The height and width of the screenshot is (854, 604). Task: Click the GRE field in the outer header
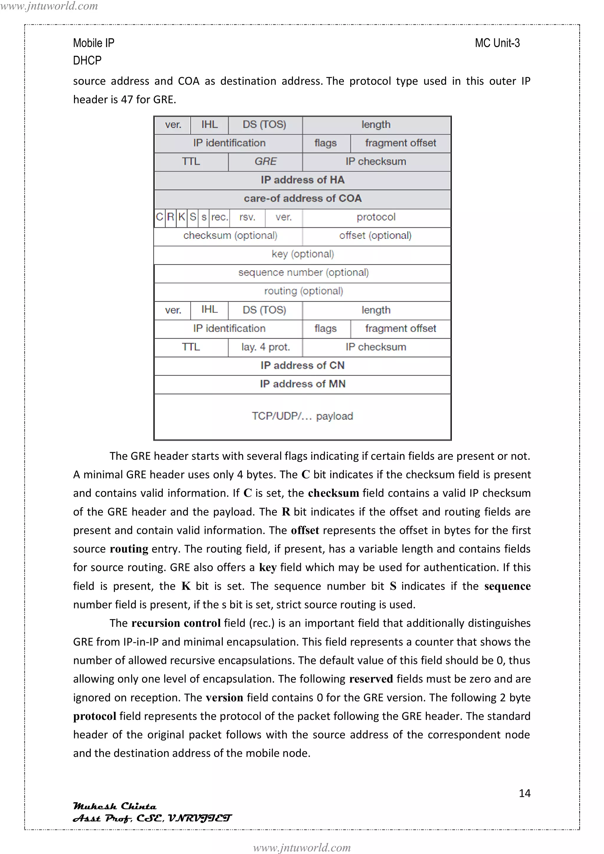pos(265,162)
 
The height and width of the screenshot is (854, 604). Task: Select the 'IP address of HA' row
pos(302,180)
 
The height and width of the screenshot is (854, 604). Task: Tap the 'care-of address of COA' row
pos(302,199)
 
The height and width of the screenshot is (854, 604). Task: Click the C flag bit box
pos(160,217)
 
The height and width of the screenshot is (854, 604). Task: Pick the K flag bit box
pos(182,217)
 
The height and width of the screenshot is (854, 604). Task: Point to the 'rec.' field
pos(219,217)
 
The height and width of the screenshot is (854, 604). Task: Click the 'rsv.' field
pos(247,217)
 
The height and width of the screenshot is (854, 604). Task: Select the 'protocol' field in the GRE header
pos(376,217)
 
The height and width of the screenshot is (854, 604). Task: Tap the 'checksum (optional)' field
pos(230,236)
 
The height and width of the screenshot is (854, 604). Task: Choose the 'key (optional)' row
pos(302,254)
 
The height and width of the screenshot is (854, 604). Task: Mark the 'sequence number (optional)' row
pos(303,273)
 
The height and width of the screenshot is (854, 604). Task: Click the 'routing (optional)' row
pos(303,291)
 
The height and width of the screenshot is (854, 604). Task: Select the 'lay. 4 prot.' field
pos(265,347)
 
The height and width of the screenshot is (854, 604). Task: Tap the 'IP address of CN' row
pos(302,366)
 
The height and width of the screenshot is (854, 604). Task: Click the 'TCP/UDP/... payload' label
pos(302,416)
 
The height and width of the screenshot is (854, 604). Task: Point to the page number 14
pos(524,793)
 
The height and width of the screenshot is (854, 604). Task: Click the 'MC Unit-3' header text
pos(497,43)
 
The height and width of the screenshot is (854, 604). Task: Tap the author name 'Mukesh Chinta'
pos(115,806)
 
